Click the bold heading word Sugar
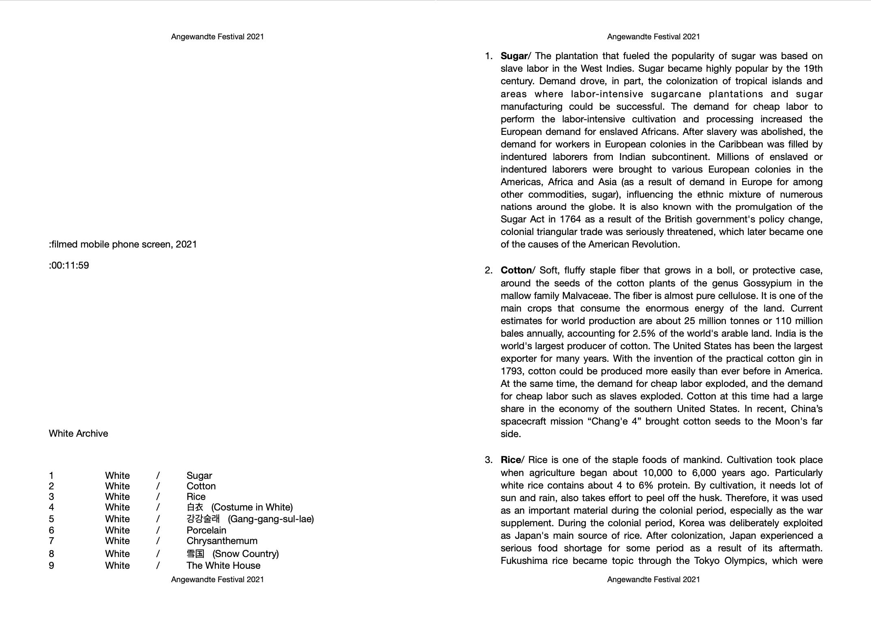coord(514,56)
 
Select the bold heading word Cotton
coord(516,270)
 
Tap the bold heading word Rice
coord(511,460)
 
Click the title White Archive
coord(78,433)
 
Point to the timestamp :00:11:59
coord(69,265)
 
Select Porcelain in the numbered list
coord(206,530)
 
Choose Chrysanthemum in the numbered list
coord(222,541)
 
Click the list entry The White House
coord(223,566)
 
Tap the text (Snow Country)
coord(246,554)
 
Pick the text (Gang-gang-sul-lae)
coord(271,519)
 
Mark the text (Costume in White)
coord(252,507)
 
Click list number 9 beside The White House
coord(51,566)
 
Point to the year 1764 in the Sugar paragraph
coord(570,219)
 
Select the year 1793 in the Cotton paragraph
coord(512,371)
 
